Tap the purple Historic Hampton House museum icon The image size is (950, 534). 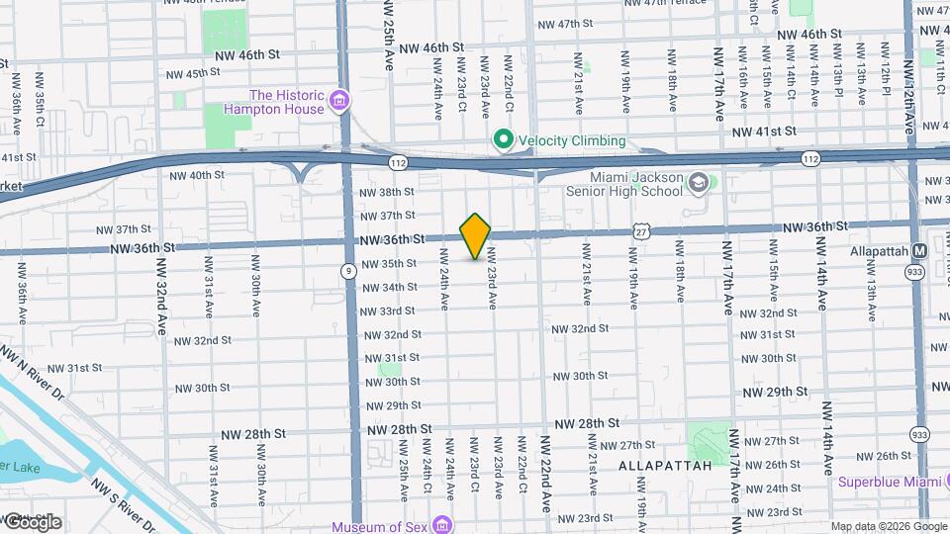pos(339,101)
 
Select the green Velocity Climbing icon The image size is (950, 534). pos(503,141)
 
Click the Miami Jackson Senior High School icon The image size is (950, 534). pos(699,182)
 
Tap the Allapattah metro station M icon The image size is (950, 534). pos(919,251)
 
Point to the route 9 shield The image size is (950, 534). pos(348,270)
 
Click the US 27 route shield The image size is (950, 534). pos(643,231)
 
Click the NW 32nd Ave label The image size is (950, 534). pos(161,293)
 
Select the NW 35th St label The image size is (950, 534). pos(388,264)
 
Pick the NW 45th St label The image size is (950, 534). pos(192,74)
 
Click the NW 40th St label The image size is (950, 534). pos(198,176)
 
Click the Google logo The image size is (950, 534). pos(32,522)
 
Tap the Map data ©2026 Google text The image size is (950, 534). pos(888,526)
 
